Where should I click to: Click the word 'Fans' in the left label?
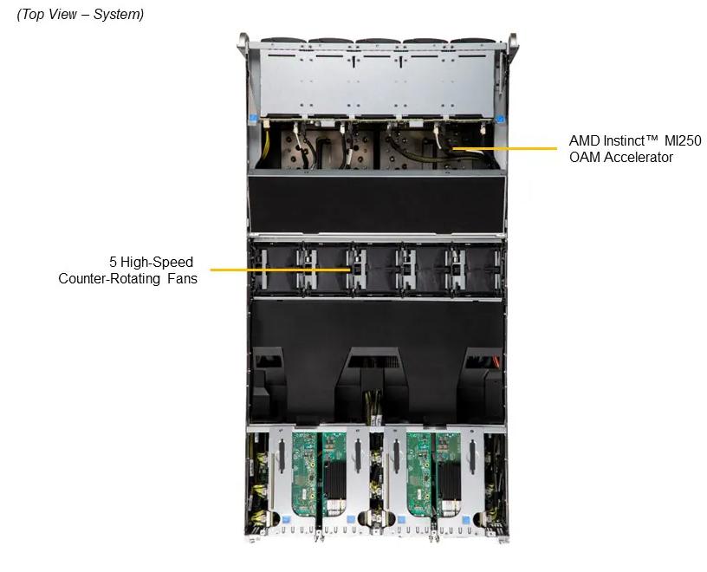click(182, 278)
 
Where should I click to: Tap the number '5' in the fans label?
click(114, 262)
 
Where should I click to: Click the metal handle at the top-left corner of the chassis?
click(244, 43)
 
